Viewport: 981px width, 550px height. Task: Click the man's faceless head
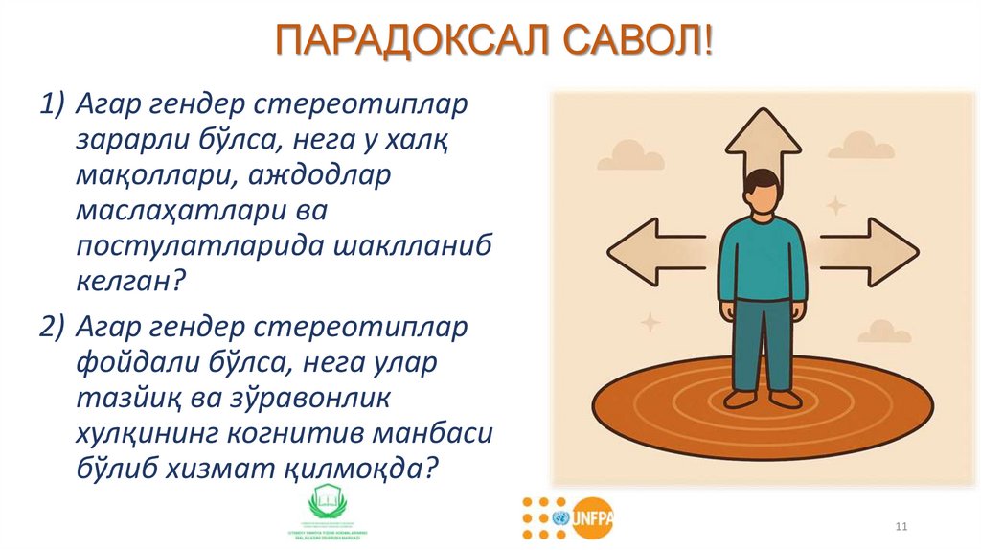763,191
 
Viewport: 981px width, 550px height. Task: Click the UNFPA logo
592,517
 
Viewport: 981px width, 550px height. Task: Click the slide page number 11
901,528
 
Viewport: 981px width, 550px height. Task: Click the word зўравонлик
289,398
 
